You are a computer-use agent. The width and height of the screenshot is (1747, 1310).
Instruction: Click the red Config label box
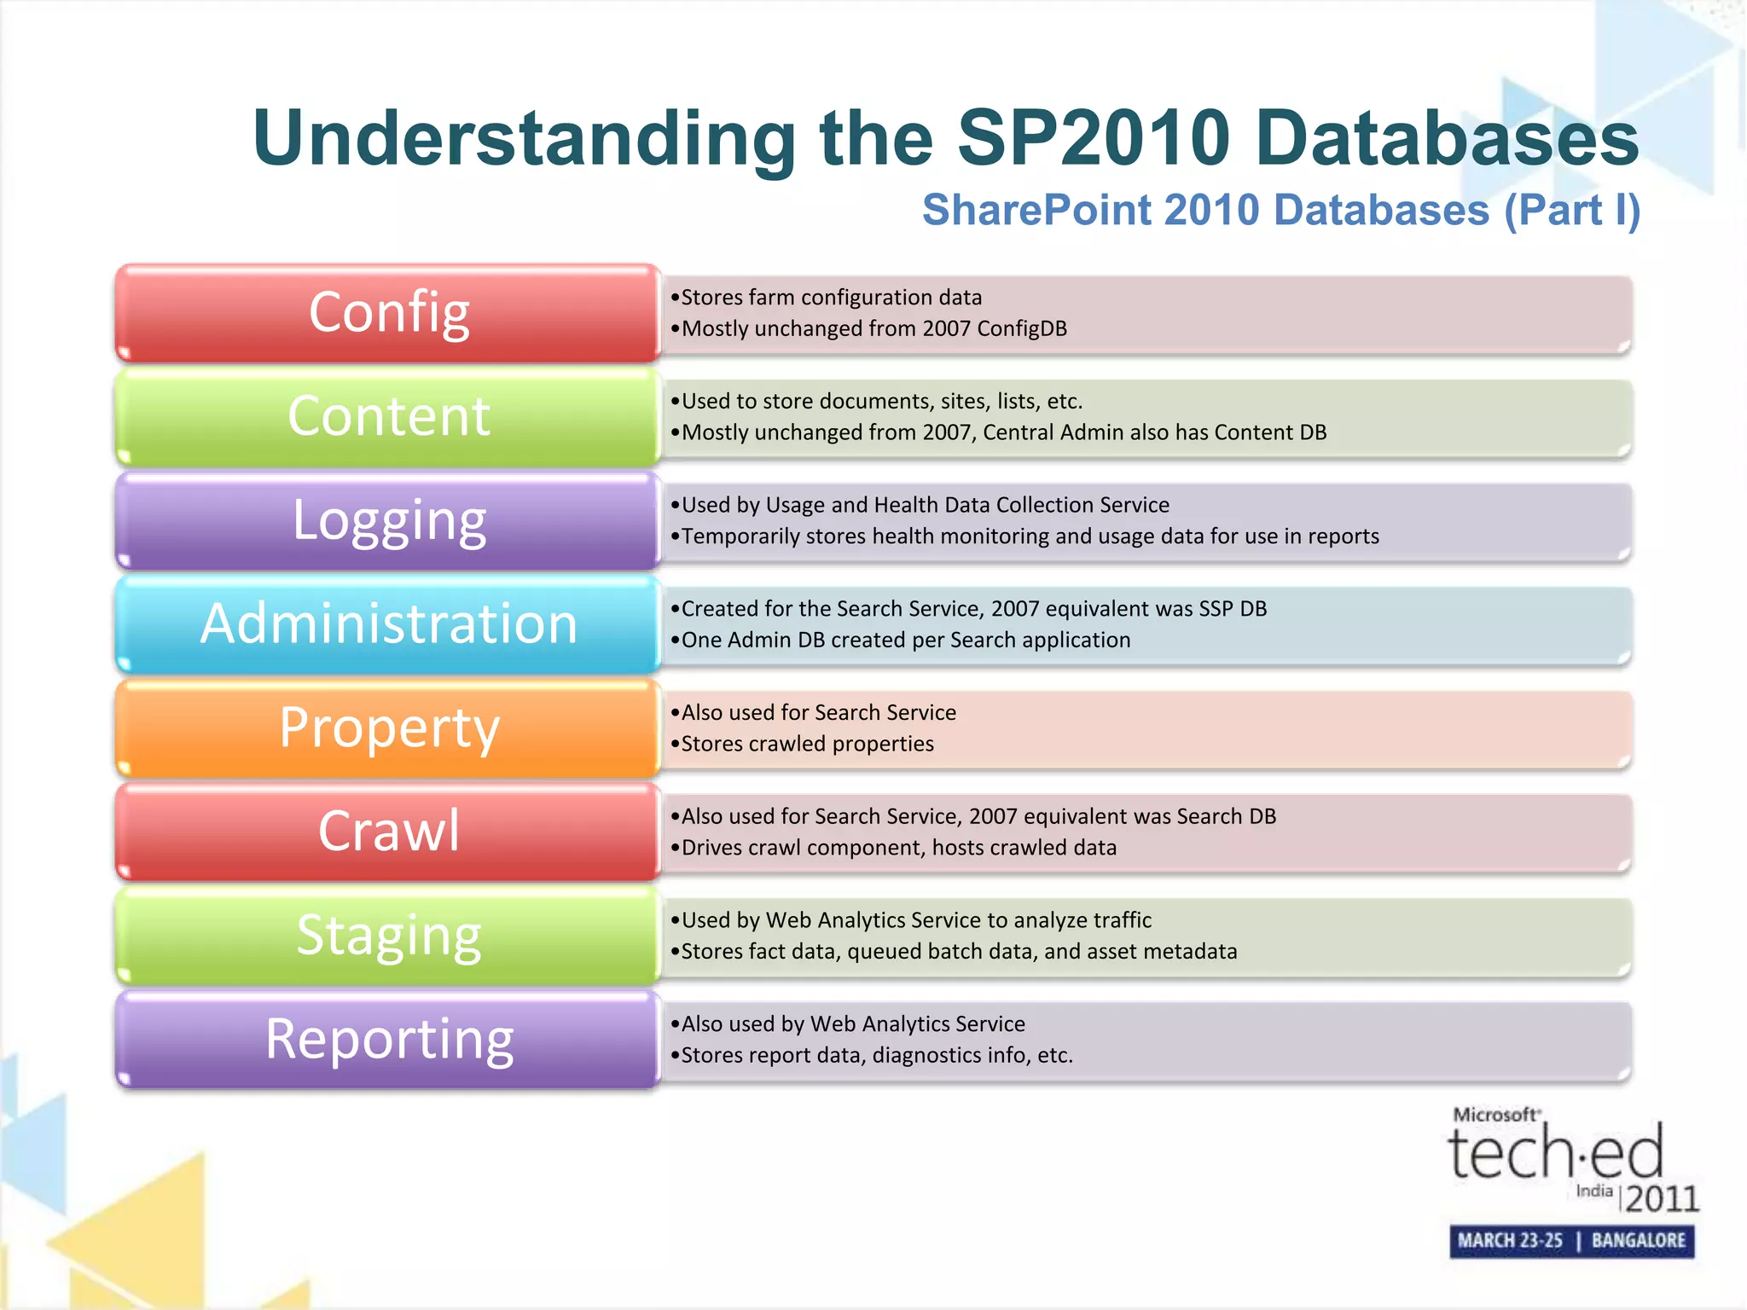pos(388,313)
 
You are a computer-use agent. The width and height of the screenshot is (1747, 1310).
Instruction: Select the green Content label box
pos(388,417)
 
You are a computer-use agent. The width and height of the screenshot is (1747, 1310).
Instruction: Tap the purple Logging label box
pos(388,520)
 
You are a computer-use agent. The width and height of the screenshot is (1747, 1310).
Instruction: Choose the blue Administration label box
pos(388,624)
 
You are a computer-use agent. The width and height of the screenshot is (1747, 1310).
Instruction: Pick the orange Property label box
pos(388,728)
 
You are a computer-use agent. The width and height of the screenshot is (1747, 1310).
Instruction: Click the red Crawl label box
pos(388,832)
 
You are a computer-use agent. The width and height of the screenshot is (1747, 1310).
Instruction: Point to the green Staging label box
pos(388,936)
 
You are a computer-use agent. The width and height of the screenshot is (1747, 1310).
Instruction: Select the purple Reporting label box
pos(388,1040)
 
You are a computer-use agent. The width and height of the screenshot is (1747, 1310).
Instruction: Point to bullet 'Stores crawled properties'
pos(806,744)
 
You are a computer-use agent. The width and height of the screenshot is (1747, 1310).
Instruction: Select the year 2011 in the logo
pos(1661,1199)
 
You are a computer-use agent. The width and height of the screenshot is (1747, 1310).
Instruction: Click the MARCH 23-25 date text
pos(1510,1241)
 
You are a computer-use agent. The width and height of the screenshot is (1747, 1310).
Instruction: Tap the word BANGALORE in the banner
pos(1638,1241)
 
